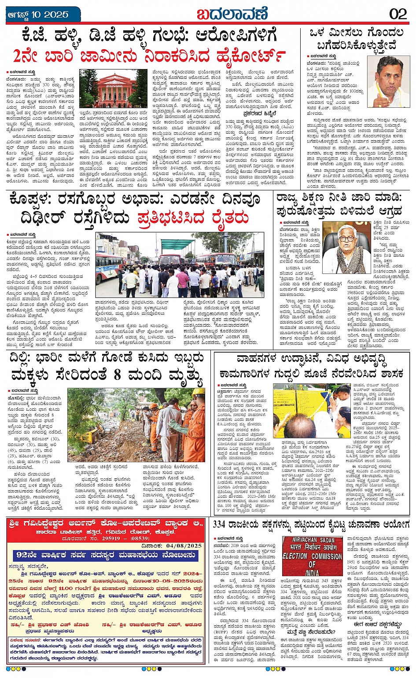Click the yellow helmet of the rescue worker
(x=198, y=391)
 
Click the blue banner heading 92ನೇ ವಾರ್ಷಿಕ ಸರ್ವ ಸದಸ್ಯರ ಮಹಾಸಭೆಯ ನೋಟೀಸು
(x=104, y=555)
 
